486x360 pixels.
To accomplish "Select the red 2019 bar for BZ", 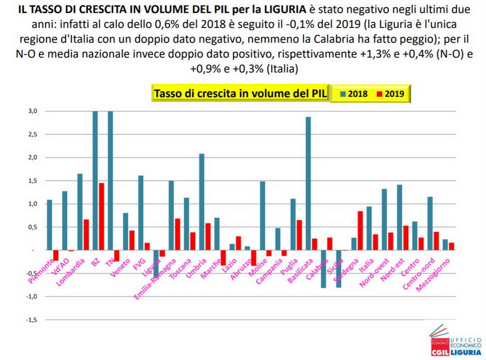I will pos(102,216).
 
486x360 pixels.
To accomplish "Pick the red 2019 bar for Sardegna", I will pos(360,231).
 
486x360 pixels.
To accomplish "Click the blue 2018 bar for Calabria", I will pos(323,268).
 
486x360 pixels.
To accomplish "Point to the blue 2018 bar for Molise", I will pos(262,215).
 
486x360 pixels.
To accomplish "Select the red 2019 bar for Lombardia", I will pos(86,234).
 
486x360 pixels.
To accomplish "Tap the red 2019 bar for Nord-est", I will pos(406,238).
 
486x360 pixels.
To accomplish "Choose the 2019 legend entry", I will pos(390,93).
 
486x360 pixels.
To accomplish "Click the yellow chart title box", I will pos(240,93).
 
